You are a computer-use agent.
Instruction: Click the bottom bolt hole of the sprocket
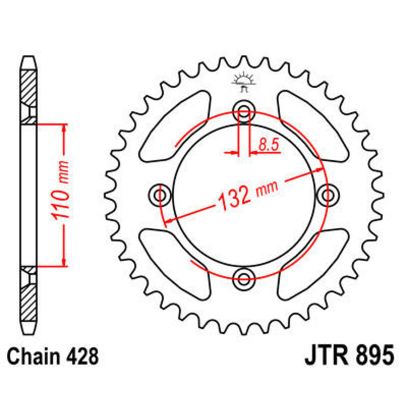tap(244, 279)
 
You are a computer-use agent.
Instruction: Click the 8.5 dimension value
tap(268, 145)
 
